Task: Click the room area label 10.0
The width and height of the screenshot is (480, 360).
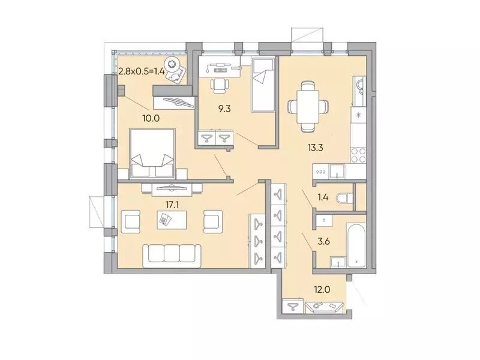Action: (151, 118)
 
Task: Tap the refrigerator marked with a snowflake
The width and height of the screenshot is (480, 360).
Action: (358, 115)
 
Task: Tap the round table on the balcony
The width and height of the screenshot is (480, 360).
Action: (174, 64)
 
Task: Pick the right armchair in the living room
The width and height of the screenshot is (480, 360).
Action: (214, 221)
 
